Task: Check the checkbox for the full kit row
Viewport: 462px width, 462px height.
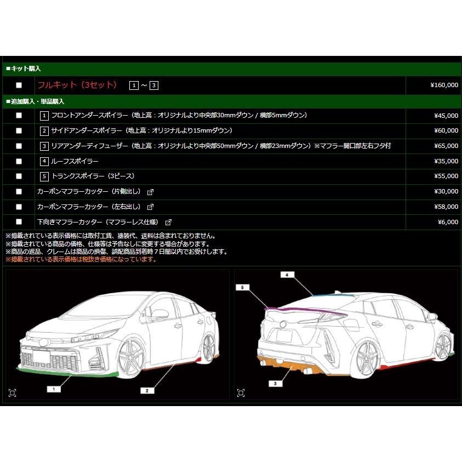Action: (x=19, y=85)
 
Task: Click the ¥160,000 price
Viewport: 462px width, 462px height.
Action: (x=444, y=85)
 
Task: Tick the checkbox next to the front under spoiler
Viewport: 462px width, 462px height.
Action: (x=19, y=116)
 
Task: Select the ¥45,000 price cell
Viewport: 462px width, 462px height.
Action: (x=446, y=116)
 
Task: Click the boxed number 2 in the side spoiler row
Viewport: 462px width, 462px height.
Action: (x=44, y=131)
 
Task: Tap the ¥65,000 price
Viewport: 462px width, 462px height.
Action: (x=446, y=146)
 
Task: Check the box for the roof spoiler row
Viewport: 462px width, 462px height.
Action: (x=19, y=162)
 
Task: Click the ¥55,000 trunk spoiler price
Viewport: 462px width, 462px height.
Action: (x=446, y=176)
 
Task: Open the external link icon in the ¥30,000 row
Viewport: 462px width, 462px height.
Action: (x=150, y=192)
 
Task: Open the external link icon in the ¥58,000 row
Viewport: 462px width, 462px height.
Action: (x=150, y=207)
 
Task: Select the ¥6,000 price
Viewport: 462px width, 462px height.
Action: (x=448, y=222)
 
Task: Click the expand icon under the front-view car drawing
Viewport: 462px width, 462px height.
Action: (x=13, y=392)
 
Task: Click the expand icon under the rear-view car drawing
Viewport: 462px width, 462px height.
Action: (x=241, y=392)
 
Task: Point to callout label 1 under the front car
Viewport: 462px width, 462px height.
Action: (x=53, y=389)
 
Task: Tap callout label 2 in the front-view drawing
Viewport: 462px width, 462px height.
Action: (x=146, y=390)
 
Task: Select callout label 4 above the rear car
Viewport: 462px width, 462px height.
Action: (x=286, y=275)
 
